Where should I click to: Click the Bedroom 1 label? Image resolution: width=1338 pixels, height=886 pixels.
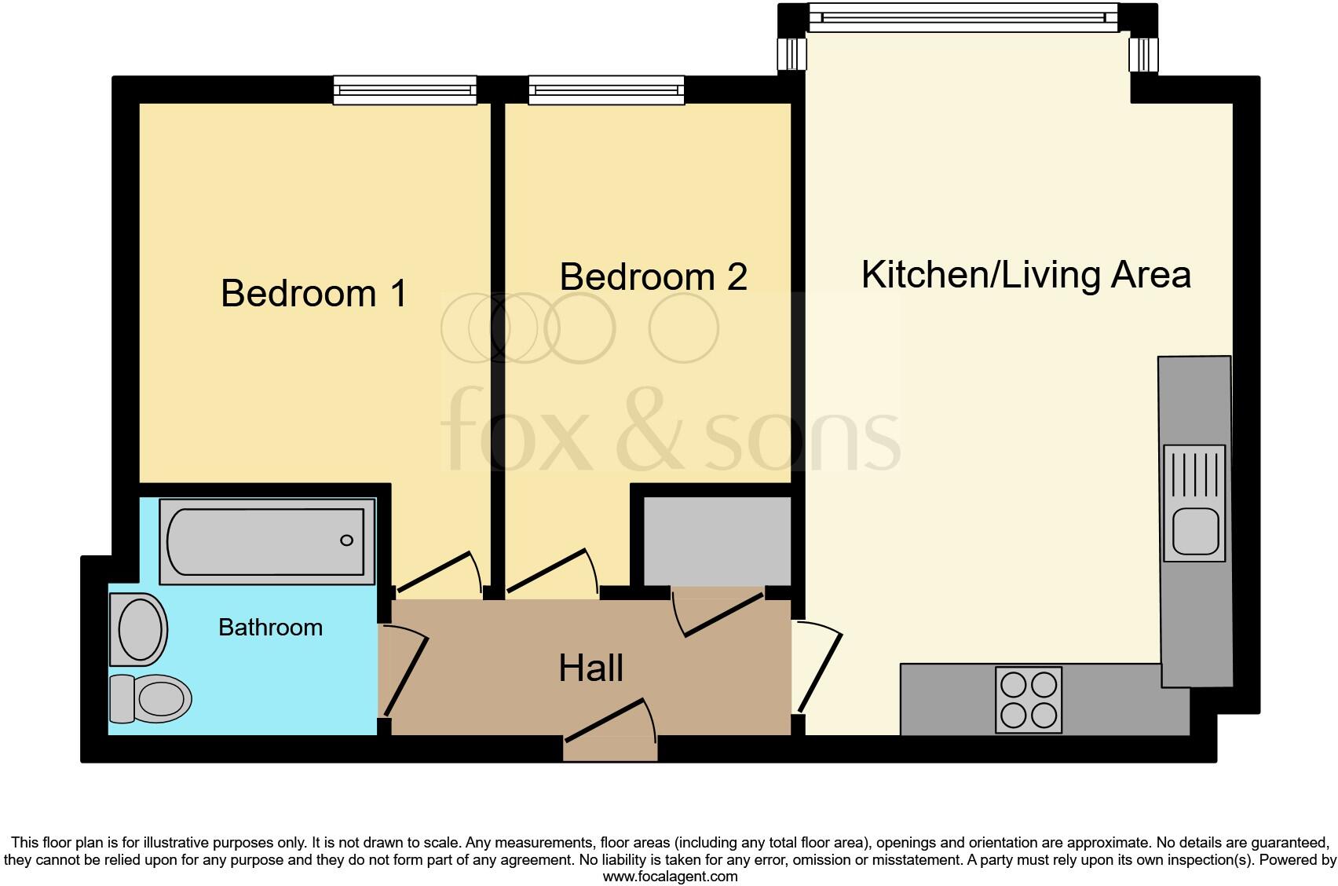click(x=313, y=294)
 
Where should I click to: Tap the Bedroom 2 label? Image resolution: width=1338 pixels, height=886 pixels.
click(x=653, y=277)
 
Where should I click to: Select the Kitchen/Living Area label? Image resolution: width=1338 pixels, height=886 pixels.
click(x=1025, y=275)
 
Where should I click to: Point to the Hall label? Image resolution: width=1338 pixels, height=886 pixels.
click(x=590, y=668)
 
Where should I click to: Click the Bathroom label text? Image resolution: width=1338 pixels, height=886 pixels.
click(x=270, y=628)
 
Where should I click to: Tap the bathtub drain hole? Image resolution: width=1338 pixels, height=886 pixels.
click(x=346, y=540)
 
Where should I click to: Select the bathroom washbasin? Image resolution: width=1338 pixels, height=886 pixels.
click(x=139, y=629)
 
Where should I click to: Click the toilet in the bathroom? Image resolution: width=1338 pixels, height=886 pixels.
click(x=151, y=697)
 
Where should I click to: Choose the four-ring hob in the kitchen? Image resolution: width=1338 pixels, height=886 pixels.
click(x=1029, y=700)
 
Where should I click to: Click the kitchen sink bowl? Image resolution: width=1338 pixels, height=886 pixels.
click(x=1195, y=530)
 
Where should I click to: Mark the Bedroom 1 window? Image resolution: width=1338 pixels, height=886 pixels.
click(x=405, y=90)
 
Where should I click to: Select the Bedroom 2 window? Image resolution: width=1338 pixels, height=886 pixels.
click(x=606, y=90)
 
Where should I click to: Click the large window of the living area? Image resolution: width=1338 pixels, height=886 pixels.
click(x=963, y=17)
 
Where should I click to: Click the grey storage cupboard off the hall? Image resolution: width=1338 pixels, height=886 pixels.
click(x=717, y=540)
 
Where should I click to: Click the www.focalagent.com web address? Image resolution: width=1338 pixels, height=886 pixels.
click(x=670, y=877)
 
